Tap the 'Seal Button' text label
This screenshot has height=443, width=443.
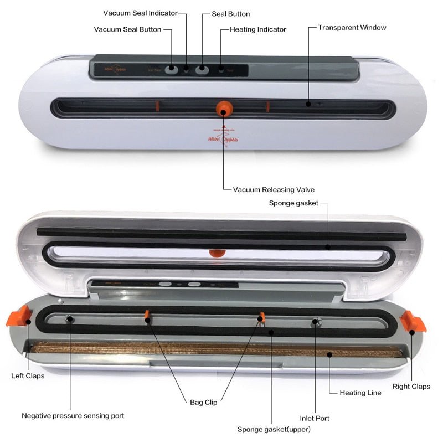[x=231, y=14]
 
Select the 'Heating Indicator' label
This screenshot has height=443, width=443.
[x=258, y=29]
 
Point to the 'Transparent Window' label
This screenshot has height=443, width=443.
[x=352, y=27]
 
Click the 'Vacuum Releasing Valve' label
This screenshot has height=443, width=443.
[x=274, y=189]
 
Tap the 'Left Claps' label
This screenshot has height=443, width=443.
[x=28, y=375]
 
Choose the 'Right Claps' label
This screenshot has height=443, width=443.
[x=411, y=387]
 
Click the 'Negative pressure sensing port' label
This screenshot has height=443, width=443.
[x=73, y=415]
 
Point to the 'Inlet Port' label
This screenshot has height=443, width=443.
[x=315, y=418]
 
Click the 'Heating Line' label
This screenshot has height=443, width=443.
[x=360, y=393]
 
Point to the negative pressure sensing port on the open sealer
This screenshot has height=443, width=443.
[x=70, y=320]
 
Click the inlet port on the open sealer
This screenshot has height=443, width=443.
[x=315, y=322]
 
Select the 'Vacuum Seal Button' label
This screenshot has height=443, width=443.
[x=127, y=29]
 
